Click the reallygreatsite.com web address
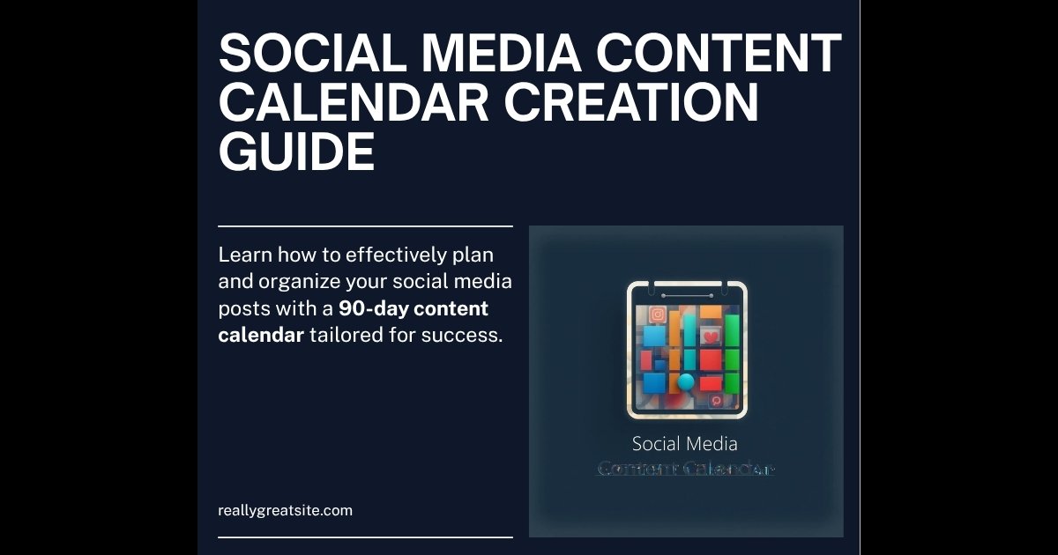285,510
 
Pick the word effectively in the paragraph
392,255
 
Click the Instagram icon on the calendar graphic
657,314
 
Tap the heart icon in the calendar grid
712,337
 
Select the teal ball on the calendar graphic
686,381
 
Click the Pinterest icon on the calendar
716,400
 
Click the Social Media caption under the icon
685,444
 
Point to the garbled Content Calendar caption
685,469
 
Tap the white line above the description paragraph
365,226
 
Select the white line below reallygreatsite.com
365,536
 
